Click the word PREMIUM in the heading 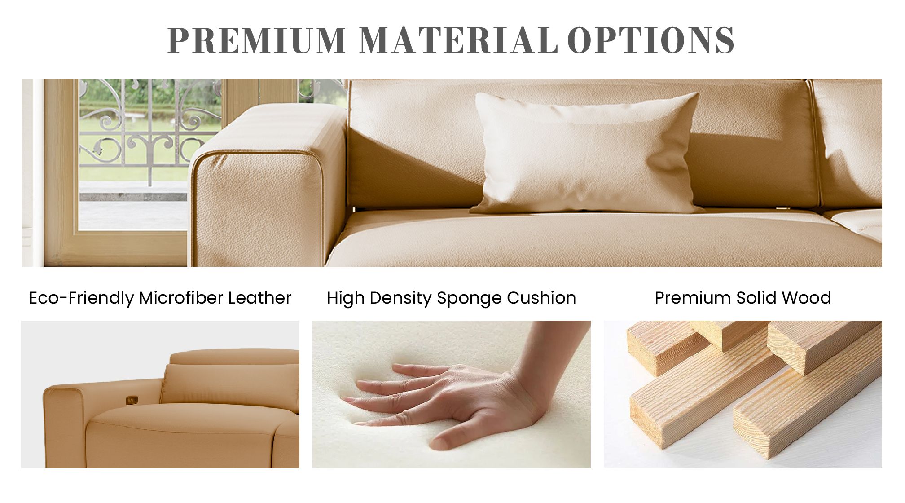click(256, 40)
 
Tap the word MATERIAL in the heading click(458, 40)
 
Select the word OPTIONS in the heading click(651, 40)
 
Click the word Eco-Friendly click(81, 298)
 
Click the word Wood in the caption click(806, 298)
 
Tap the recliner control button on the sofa click(132, 399)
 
